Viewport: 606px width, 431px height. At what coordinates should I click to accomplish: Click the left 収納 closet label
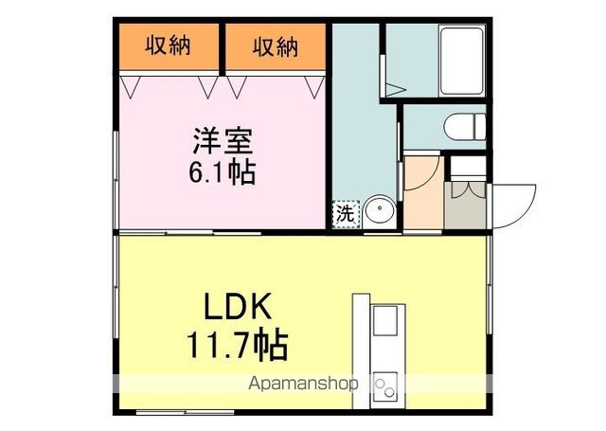[x=169, y=45]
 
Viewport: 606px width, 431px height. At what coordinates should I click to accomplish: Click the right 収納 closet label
[x=276, y=45]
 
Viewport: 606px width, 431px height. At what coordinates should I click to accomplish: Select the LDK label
[x=240, y=309]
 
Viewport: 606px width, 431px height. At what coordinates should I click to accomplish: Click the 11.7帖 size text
[x=240, y=344]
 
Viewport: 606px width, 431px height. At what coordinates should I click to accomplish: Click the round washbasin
[x=379, y=211]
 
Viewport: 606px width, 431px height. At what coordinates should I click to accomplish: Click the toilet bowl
[x=464, y=126]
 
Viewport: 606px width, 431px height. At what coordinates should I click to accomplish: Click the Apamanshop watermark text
[x=302, y=385]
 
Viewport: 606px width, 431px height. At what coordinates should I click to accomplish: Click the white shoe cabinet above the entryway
[x=467, y=167]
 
